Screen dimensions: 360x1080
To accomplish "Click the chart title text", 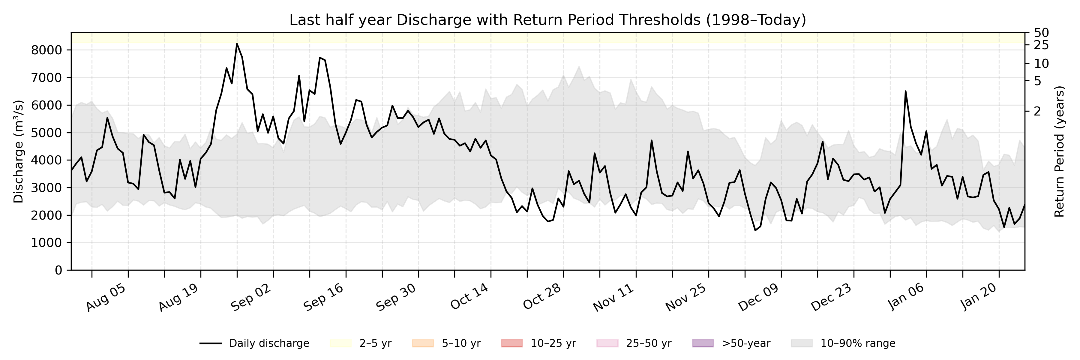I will tap(547, 20).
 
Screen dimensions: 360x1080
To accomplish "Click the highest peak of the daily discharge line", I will tap(237, 44).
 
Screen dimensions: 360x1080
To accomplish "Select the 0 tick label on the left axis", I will tap(58, 270).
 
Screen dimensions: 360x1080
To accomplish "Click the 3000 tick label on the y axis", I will tap(46, 188).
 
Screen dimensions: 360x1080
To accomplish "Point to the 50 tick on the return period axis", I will tap(1041, 33).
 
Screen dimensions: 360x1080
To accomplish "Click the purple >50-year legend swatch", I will tap(703, 343).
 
